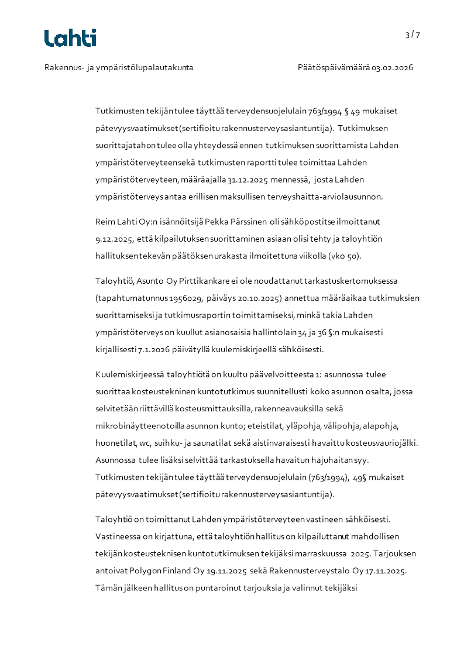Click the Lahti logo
coord(70,38)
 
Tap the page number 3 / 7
coord(413,35)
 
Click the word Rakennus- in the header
coord(64,68)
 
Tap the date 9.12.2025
coord(115,239)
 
